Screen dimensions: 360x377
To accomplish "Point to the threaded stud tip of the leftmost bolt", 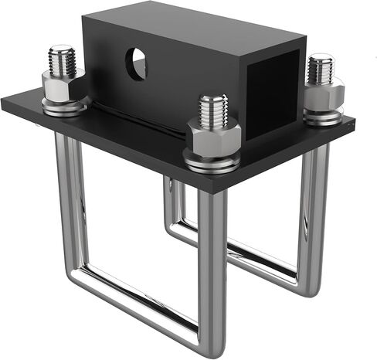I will click(x=63, y=57).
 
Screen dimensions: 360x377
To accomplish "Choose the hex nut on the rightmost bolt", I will click(x=321, y=93).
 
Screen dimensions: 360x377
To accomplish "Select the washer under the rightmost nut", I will click(x=322, y=116).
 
